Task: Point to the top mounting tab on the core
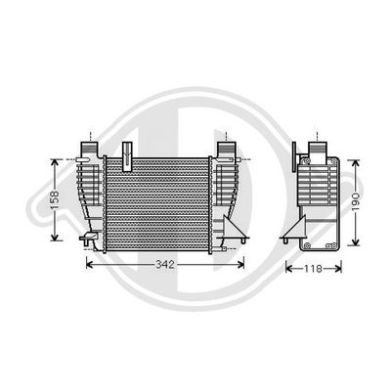pos(128,149)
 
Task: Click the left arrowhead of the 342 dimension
pos(91,265)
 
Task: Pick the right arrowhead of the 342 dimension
pos(239,265)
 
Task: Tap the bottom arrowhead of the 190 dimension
pos(359,243)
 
